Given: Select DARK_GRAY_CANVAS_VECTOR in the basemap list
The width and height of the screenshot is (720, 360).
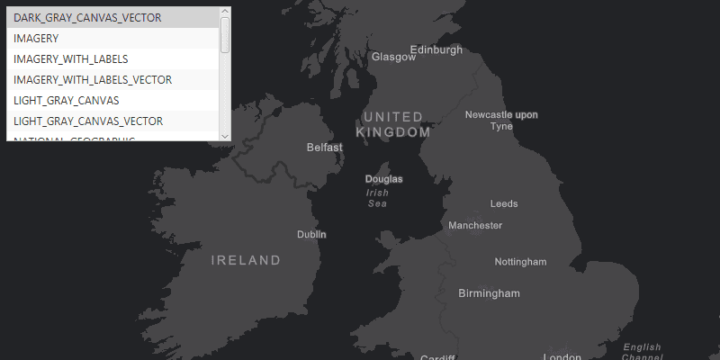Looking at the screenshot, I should pyautogui.click(x=87, y=17).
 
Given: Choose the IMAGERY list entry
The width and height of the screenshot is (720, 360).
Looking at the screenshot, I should pyautogui.click(x=36, y=38).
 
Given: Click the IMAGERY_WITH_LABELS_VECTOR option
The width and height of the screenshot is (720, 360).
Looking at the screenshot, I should pyautogui.click(x=93, y=79).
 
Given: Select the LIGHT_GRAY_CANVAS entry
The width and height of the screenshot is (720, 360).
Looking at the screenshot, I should pyautogui.click(x=67, y=100).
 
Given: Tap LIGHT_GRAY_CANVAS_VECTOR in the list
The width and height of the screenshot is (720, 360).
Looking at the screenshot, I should pyautogui.click(x=88, y=121).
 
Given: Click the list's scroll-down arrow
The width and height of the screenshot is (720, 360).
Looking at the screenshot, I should pyautogui.click(x=225, y=135).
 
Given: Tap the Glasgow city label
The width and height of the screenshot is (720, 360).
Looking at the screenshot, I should pyautogui.click(x=393, y=57).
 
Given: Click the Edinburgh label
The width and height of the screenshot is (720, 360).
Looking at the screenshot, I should pyautogui.click(x=436, y=49).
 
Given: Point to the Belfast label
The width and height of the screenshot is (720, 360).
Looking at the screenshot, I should pyautogui.click(x=325, y=147).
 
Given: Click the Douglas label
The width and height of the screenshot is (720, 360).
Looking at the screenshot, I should pyautogui.click(x=384, y=179).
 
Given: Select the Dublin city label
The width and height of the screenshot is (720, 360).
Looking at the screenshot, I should pyautogui.click(x=311, y=234).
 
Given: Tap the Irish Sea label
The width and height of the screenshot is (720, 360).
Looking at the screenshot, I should pyautogui.click(x=378, y=198).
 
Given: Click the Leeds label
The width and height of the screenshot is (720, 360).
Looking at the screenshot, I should pyautogui.click(x=504, y=204).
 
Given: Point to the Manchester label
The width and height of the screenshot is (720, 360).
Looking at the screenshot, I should pyautogui.click(x=475, y=225).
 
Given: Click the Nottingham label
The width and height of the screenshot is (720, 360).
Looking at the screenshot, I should pyautogui.click(x=520, y=262).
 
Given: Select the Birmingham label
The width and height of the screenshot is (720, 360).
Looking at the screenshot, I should pyautogui.click(x=489, y=293).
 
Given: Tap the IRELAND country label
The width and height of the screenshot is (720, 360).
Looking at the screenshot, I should pyautogui.click(x=246, y=260).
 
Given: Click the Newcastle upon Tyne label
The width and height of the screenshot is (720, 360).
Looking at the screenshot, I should pyautogui.click(x=501, y=120).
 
